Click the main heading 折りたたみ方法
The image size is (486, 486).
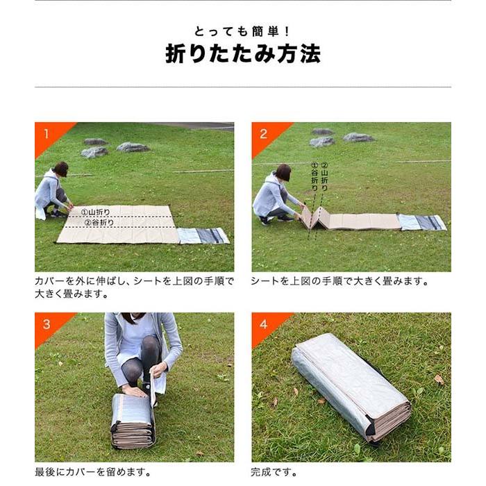pos(242,53)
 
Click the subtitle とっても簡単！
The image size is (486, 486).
pos(242,31)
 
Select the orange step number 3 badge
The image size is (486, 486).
pos(47,324)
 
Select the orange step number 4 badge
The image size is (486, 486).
pos(264,324)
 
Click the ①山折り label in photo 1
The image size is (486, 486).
pos(95,212)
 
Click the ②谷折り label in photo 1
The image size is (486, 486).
pos(99,223)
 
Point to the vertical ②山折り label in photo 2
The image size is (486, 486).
pos(324,176)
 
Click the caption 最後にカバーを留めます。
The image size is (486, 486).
pos(93,472)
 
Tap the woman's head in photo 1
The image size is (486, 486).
pos(61,169)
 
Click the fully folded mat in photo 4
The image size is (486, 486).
pos(351,386)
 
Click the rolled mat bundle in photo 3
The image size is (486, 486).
pos(133,421)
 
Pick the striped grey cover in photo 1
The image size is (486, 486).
pos(203,236)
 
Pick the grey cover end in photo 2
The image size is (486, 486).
pos(422,222)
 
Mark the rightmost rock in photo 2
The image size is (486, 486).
pos(358,137)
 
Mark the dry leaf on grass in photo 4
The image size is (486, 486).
pos(438,379)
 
